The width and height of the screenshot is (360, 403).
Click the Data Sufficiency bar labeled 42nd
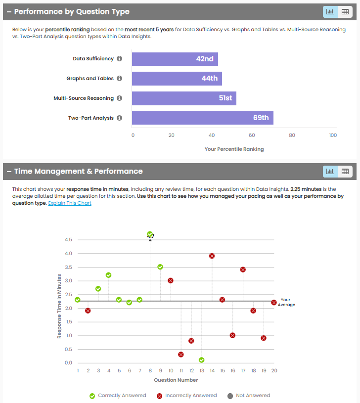(x=175, y=59)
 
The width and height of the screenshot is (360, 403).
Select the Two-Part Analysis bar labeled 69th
(x=202, y=118)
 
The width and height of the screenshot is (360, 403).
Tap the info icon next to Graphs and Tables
(x=119, y=79)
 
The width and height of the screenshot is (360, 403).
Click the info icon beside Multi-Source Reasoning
(x=119, y=98)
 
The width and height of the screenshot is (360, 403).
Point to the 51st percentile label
(x=225, y=98)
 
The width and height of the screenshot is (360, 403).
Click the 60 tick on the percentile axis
(x=252, y=135)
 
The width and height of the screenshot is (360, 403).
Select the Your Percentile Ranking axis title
(x=234, y=149)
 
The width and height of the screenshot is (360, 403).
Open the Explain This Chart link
(x=70, y=203)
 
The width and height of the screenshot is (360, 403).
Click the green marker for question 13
(x=202, y=360)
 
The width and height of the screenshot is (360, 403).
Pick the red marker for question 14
(x=212, y=256)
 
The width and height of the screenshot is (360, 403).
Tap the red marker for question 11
(x=181, y=355)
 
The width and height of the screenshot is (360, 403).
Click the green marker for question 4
(x=108, y=275)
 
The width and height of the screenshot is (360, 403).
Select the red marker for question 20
(x=274, y=302)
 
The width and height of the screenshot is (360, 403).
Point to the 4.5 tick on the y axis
(x=68, y=240)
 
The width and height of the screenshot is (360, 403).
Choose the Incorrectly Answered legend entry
(x=191, y=396)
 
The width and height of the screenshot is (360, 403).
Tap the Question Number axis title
(x=176, y=380)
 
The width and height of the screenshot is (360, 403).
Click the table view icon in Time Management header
(x=345, y=172)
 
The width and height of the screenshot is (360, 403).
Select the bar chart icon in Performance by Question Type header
(x=330, y=11)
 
